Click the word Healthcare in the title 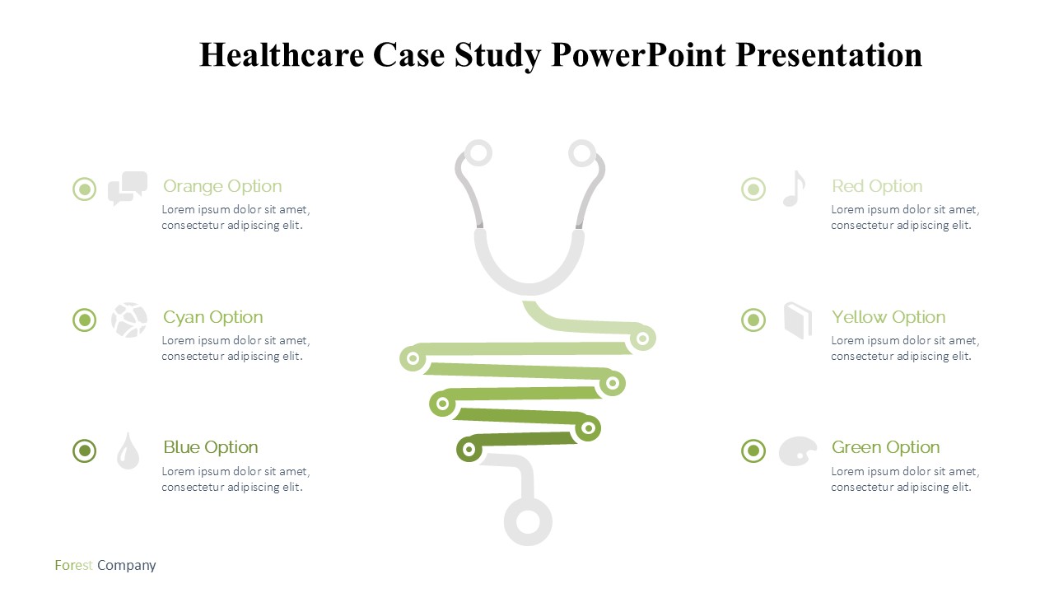click(x=282, y=54)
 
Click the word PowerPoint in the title click(x=638, y=54)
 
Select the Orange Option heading click(x=222, y=186)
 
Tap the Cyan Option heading click(x=213, y=318)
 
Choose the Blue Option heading click(x=211, y=447)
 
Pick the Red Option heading click(x=877, y=186)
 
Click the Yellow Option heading click(x=888, y=318)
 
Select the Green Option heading click(x=885, y=447)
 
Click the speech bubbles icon click(x=128, y=189)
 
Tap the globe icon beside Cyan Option click(x=129, y=320)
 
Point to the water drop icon click(x=128, y=451)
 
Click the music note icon click(x=795, y=189)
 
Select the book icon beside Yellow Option click(x=798, y=320)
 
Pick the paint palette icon click(x=798, y=451)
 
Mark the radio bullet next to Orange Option click(x=85, y=189)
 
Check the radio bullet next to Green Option click(x=753, y=451)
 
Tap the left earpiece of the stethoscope click(x=478, y=153)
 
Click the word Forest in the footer click(x=73, y=565)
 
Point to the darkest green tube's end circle click(x=469, y=449)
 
